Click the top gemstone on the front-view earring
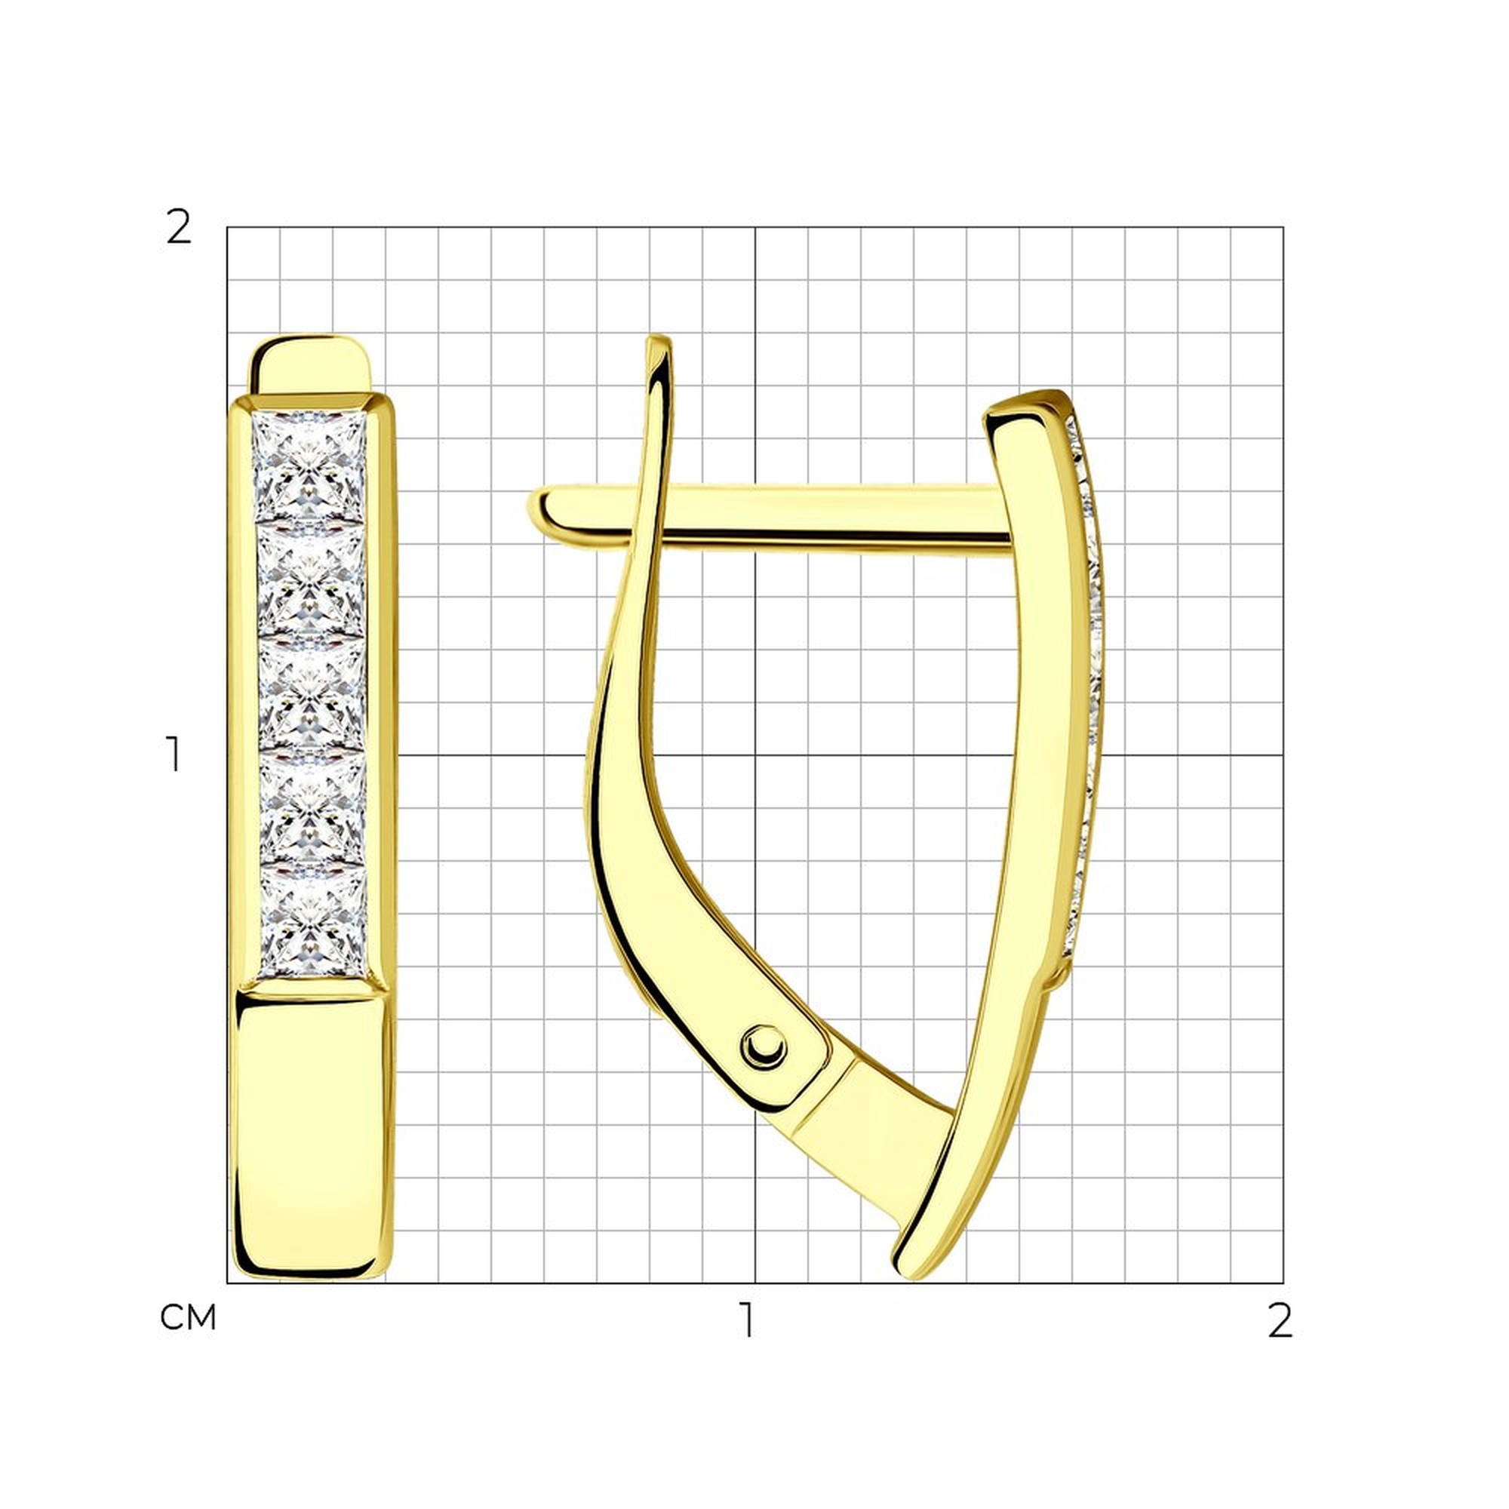(309, 467)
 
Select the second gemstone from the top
(311, 581)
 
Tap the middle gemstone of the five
(312, 694)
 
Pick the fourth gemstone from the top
(312, 807)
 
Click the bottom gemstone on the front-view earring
(312, 922)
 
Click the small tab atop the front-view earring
(311, 364)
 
